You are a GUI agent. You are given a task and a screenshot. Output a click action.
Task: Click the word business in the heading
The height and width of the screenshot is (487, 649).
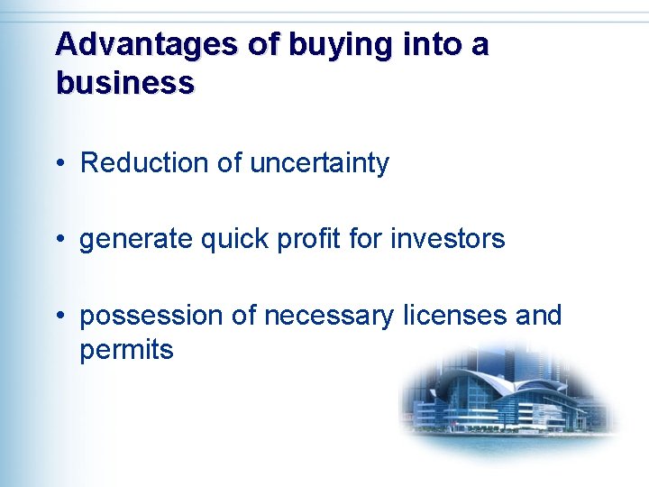(124, 83)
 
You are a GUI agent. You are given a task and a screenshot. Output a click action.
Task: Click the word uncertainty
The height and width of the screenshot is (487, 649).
(319, 163)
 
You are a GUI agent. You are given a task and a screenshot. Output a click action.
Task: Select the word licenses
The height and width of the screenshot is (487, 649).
(455, 316)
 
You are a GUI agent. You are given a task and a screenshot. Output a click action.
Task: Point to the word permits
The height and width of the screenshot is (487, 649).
(126, 350)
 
